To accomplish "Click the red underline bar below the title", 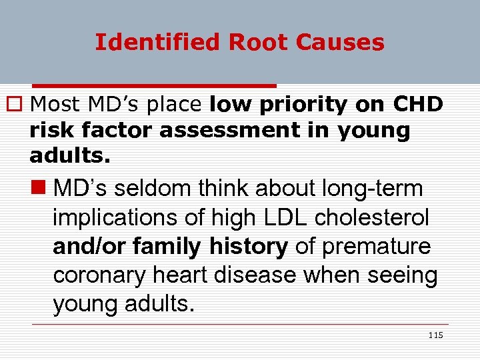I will (154, 86).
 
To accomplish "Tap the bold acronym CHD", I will (418, 105).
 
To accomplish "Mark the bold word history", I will (248, 247).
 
